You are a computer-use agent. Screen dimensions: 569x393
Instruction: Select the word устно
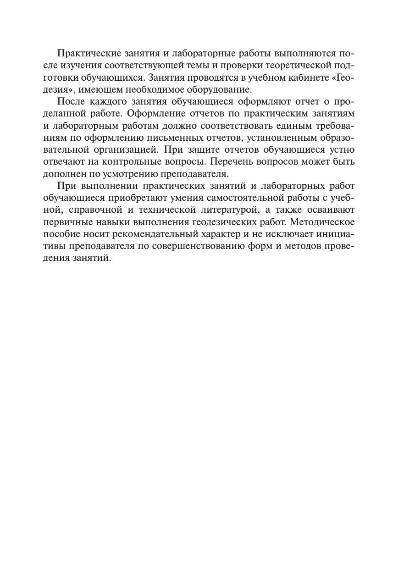342,150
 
